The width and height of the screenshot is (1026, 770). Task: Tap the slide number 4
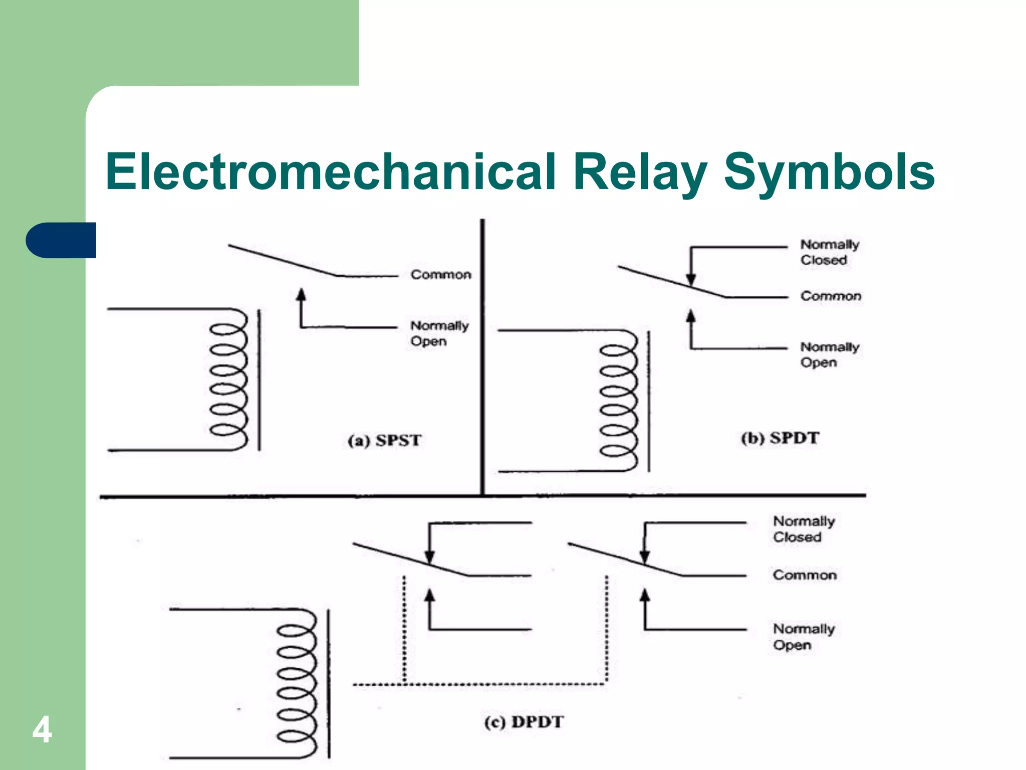click(x=42, y=730)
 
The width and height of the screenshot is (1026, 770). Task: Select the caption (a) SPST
click(x=384, y=440)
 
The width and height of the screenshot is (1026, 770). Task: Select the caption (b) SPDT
click(x=780, y=438)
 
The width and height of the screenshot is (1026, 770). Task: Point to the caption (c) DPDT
click(x=524, y=722)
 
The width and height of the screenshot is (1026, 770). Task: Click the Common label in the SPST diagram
click(x=441, y=275)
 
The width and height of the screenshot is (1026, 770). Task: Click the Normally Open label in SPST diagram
click(x=439, y=333)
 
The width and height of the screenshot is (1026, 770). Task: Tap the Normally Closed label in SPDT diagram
click(x=829, y=252)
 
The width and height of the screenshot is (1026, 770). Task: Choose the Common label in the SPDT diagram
click(x=831, y=296)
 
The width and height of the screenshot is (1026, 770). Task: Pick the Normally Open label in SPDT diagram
click(x=829, y=354)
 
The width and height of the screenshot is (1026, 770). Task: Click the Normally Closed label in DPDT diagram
click(x=804, y=529)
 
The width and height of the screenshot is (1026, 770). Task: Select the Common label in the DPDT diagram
click(x=805, y=575)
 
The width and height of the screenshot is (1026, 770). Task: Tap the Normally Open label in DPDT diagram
click(x=804, y=637)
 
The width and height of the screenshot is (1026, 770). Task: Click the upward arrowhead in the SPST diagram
click(x=301, y=294)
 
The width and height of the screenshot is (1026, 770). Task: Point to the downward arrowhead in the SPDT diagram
click(x=691, y=280)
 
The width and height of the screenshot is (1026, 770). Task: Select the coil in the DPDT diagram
click(x=297, y=684)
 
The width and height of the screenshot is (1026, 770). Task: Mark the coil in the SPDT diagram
click(x=619, y=401)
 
